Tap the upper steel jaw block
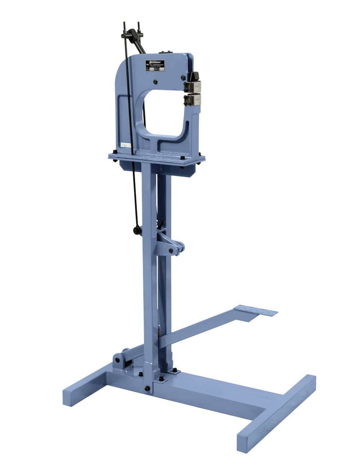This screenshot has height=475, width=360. (195, 87)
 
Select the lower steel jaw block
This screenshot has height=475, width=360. (195, 100)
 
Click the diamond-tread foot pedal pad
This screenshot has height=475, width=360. (256, 311)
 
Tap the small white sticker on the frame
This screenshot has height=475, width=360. (125, 145)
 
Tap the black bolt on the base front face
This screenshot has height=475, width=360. (147, 389)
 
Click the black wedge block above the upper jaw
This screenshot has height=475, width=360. (195, 76)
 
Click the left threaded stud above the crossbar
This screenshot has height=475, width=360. (125, 27)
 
